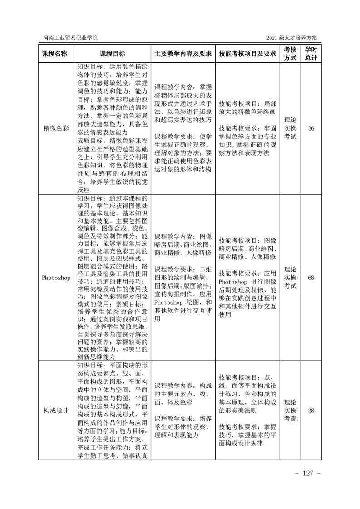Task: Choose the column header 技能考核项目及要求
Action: (x=247, y=53)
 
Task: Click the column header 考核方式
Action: (x=290, y=53)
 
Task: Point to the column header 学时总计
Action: (x=311, y=53)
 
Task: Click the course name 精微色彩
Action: (x=55, y=128)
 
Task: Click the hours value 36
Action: (x=311, y=128)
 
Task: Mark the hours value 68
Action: (x=311, y=278)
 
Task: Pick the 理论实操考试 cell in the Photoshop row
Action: (x=290, y=278)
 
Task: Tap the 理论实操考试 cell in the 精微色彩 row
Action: (x=290, y=128)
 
